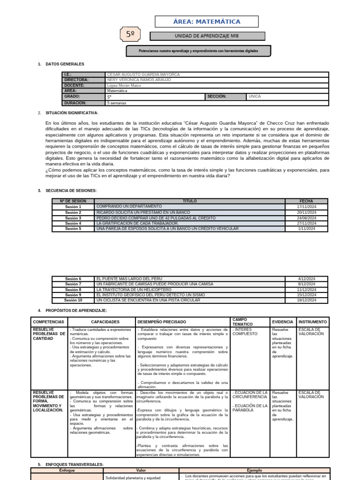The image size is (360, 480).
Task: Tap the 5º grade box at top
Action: pos(131,34)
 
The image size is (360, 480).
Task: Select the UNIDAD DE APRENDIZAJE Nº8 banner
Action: pos(207,36)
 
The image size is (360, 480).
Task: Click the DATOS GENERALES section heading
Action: pos(65,64)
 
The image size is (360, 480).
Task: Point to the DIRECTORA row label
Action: pos(76,80)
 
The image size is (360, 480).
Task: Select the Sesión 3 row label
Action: pos(73,218)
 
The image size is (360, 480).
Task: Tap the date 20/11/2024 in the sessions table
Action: pos(307,212)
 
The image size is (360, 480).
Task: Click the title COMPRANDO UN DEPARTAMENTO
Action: pos(129,206)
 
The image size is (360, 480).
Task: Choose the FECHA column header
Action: pos(306,201)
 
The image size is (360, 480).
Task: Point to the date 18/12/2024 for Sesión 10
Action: pos(307,300)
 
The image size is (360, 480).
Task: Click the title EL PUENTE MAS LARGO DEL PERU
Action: pos(129,279)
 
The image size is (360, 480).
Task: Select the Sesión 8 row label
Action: pos(73,290)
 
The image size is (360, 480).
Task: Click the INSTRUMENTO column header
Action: pos(313,322)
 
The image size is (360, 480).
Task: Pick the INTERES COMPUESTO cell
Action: pos(245,332)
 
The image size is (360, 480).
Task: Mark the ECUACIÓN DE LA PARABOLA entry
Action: pos(249,408)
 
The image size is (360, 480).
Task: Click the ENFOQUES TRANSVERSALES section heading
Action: pos(74,465)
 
